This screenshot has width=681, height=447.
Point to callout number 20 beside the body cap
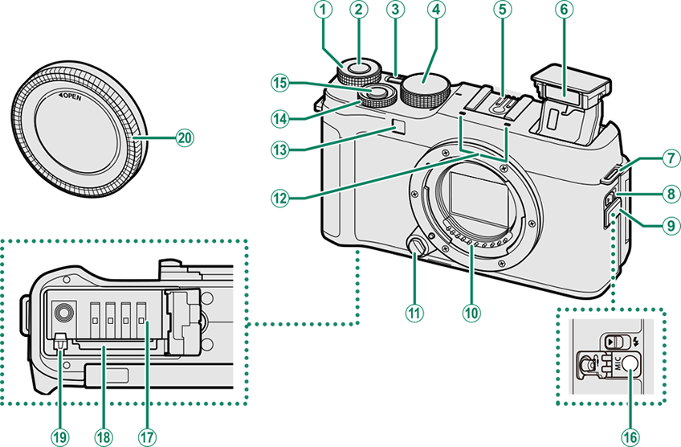coord(186,137)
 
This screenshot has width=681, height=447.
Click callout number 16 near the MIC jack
coord(629,436)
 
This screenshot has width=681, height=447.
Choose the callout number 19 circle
coord(59,436)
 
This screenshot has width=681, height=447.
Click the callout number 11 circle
coord(414,311)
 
